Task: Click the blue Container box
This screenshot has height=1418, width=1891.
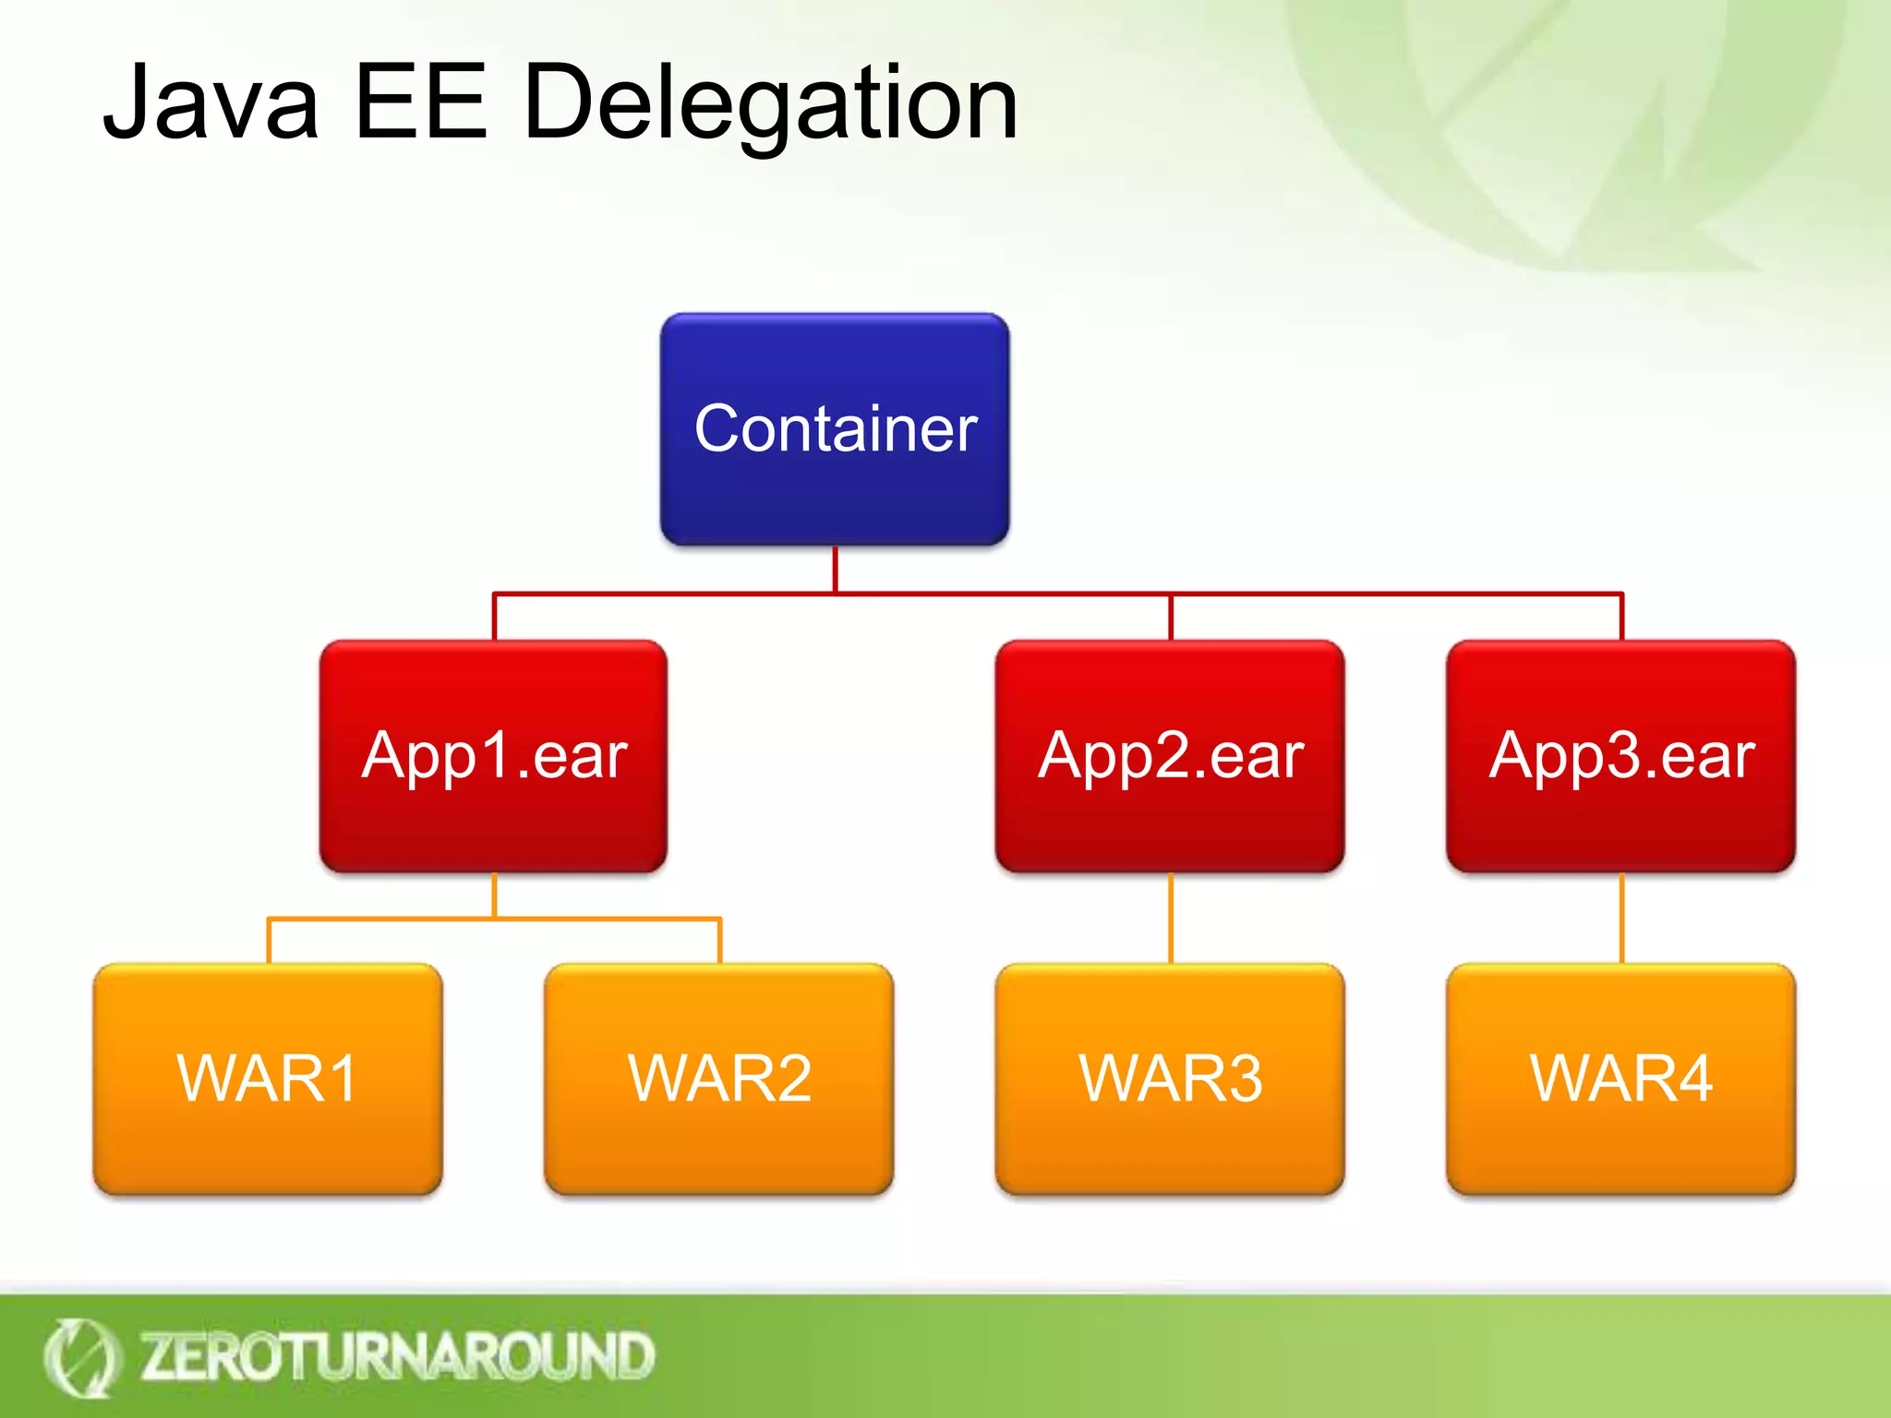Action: click(x=835, y=429)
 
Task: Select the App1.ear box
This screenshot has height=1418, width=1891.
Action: click(x=494, y=756)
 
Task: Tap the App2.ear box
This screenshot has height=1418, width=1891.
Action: click(x=1170, y=756)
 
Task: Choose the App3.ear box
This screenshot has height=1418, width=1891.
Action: click(x=1620, y=756)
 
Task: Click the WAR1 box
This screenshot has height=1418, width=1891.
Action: click(x=268, y=1078)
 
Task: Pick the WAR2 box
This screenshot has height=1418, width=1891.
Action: click(x=719, y=1078)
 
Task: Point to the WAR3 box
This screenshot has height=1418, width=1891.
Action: click(x=1170, y=1078)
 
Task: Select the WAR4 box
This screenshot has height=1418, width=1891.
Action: click(x=1620, y=1078)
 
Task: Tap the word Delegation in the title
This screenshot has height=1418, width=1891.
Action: click(x=771, y=103)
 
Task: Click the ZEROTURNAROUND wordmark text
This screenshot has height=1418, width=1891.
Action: click(x=397, y=1356)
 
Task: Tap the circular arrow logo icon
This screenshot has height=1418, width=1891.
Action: click(x=80, y=1357)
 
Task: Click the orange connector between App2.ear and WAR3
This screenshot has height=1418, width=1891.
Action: click(x=1170, y=918)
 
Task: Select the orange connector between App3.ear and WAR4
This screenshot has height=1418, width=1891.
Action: click(x=1621, y=918)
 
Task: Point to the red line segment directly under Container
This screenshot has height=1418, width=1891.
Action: click(x=835, y=569)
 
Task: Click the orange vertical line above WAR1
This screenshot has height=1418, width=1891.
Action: click(x=269, y=942)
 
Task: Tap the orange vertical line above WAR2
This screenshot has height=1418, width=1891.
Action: click(x=719, y=942)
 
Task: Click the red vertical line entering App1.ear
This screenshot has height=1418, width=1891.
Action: click(x=495, y=617)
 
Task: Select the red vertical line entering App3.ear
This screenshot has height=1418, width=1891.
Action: click(x=1621, y=617)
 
